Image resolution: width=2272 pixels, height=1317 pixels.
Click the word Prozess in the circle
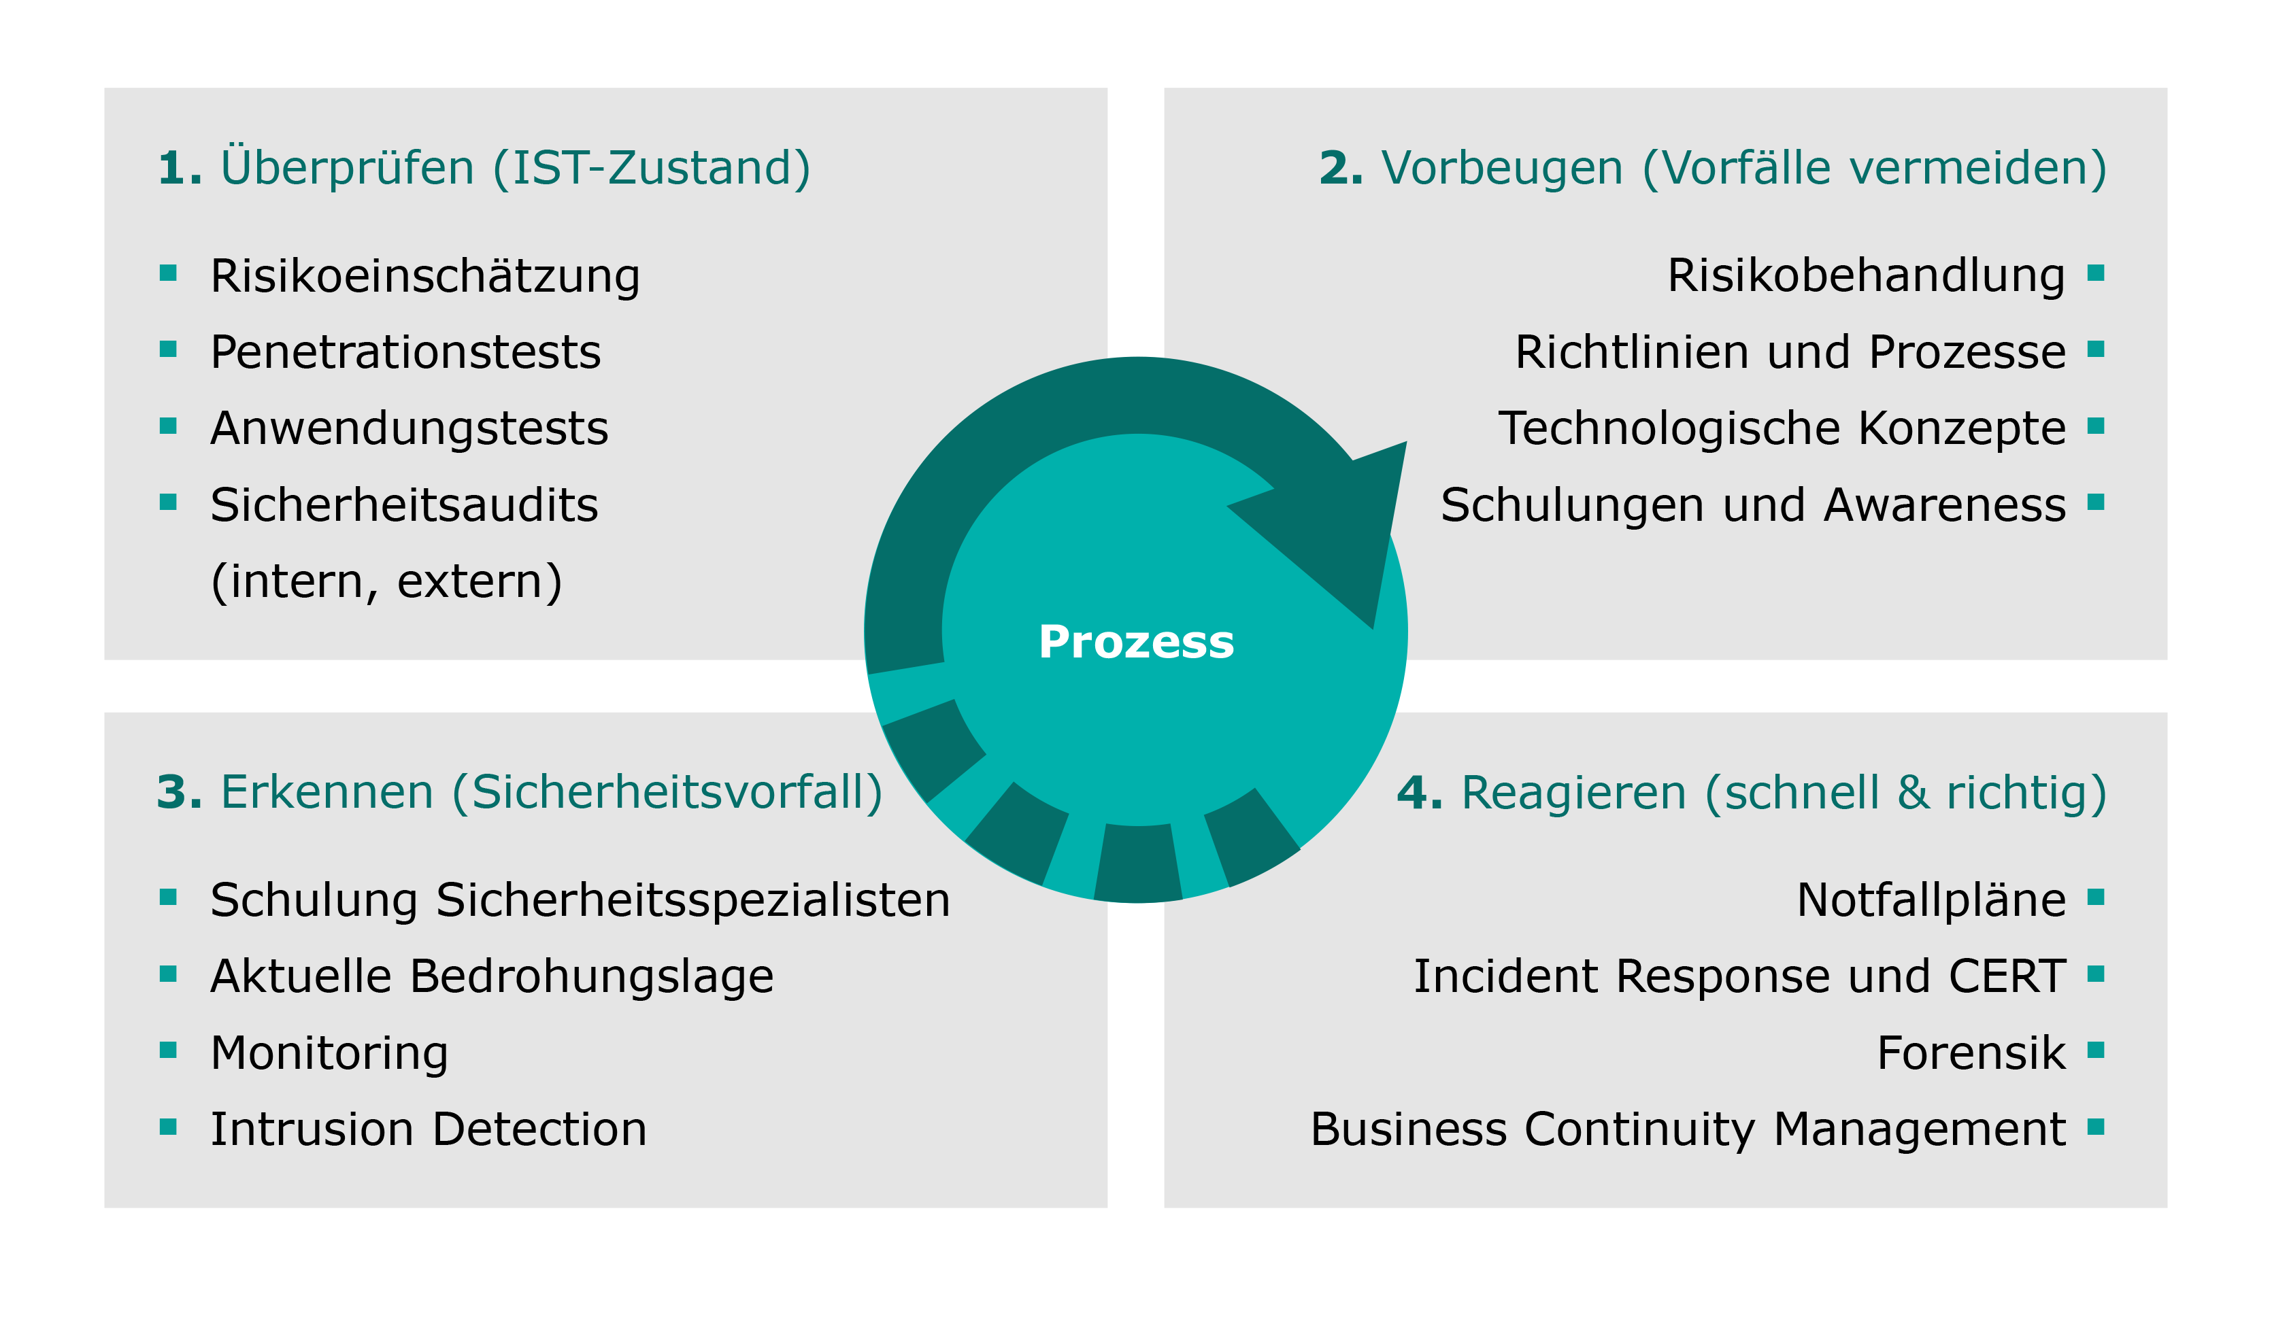[x=1136, y=642]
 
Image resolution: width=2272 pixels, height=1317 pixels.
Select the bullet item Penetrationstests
[x=405, y=352]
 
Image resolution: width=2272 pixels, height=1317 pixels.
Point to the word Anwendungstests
[x=408, y=428]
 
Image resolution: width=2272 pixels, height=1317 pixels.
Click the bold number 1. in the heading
[x=178, y=169]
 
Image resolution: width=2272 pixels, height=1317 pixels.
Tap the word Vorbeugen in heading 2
[x=1502, y=169]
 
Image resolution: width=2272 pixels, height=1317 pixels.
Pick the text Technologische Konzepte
[x=1782, y=428]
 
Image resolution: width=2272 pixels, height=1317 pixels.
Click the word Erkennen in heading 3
[x=327, y=793]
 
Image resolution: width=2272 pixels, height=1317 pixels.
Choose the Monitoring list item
[x=329, y=1053]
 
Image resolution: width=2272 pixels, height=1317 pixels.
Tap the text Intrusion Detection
[x=429, y=1129]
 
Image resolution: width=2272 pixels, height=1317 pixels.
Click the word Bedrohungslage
[x=591, y=976]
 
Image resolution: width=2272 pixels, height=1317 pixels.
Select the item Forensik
[x=1971, y=1053]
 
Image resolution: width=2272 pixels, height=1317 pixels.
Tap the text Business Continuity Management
[x=1688, y=1129]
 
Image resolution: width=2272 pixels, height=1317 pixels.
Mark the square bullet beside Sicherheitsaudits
[x=168, y=502]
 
